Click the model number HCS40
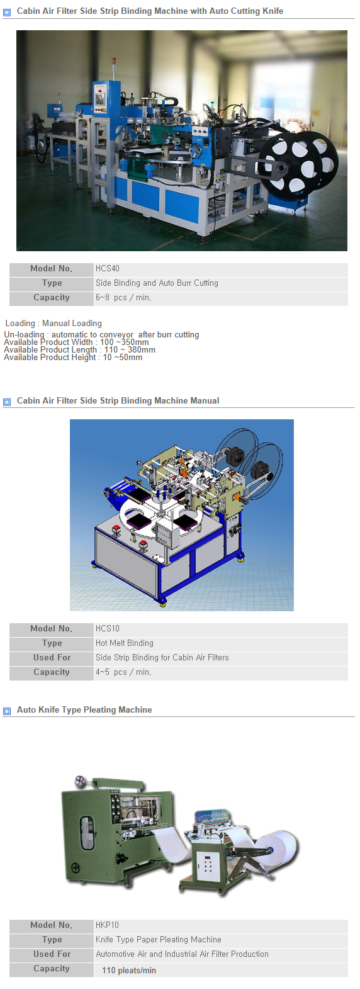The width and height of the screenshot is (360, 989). click(x=108, y=269)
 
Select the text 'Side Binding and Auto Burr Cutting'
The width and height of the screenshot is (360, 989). click(x=157, y=283)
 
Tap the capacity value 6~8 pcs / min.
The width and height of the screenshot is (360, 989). click(x=123, y=298)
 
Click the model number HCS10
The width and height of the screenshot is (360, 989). click(x=108, y=629)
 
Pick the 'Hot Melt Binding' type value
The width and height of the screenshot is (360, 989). click(x=125, y=643)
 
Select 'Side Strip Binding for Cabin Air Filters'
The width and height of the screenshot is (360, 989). click(x=162, y=658)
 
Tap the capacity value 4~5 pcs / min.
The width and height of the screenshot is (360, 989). click(x=123, y=672)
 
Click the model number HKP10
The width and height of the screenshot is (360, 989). click(x=107, y=925)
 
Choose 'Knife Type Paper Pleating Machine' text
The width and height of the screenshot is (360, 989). click(x=159, y=940)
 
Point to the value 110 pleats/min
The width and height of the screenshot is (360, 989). click(x=129, y=971)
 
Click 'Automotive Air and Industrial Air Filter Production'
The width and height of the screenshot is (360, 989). click(x=182, y=954)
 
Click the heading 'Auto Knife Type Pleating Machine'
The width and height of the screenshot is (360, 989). click(x=84, y=710)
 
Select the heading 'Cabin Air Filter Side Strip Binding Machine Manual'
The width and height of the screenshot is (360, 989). click(x=118, y=401)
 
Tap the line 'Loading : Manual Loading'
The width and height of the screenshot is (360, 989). click(x=53, y=324)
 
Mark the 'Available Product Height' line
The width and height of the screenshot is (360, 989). click(x=73, y=358)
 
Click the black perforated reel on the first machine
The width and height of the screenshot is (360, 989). click(x=299, y=164)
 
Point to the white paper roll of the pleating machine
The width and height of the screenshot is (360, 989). click(x=279, y=847)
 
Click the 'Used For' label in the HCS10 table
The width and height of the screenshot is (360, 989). click(x=52, y=658)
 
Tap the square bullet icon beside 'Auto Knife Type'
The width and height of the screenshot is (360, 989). click(x=7, y=711)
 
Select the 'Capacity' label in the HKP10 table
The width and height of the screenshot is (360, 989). click(x=52, y=969)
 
